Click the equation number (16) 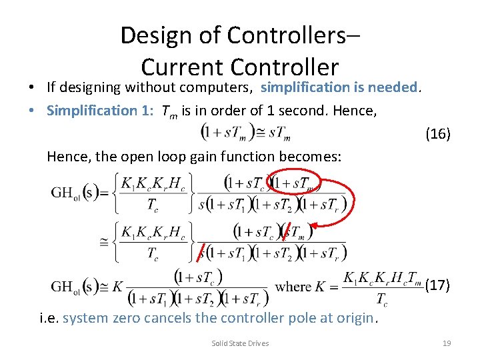click(x=438, y=134)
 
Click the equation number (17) click(x=437, y=285)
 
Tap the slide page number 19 click(x=447, y=343)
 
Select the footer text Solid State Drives click(x=240, y=343)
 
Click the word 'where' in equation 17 click(x=293, y=287)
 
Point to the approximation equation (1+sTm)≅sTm click(x=247, y=133)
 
